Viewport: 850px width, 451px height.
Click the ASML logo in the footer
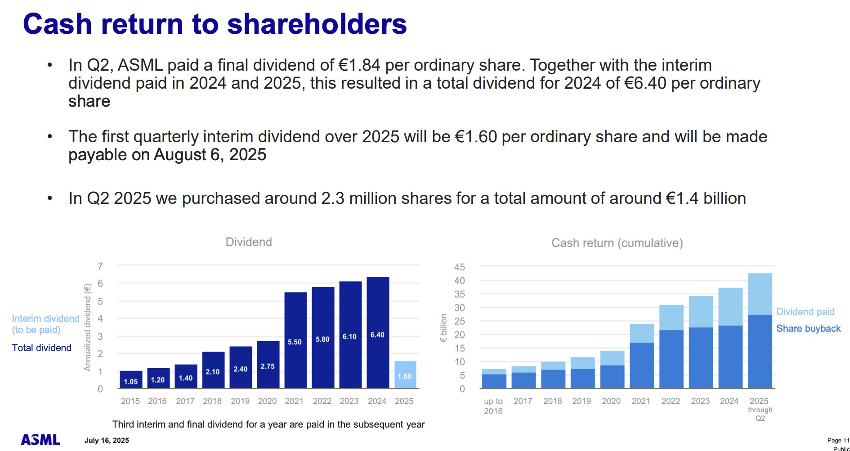pyautogui.click(x=40, y=439)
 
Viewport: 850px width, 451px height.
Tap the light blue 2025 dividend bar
pyautogui.click(x=405, y=374)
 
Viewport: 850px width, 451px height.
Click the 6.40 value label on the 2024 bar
pyautogui.click(x=377, y=335)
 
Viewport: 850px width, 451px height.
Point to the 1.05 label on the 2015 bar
pyautogui.click(x=131, y=382)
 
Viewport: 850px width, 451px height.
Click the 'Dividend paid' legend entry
pyautogui.click(x=805, y=312)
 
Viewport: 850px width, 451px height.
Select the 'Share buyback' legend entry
pyautogui.click(x=808, y=329)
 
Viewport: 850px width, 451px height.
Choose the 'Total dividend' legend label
pyautogui.click(x=42, y=348)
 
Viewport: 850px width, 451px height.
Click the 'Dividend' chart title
pyautogui.click(x=249, y=242)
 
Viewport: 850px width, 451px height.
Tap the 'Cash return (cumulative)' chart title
pyautogui.click(x=617, y=243)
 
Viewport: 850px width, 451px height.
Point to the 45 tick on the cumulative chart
pyautogui.click(x=460, y=267)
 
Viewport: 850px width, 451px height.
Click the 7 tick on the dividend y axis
pyautogui.click(x=100, y=266)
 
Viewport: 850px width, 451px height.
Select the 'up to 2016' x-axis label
pyautogui.click(x=493, y=406)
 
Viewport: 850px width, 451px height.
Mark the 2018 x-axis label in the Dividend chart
pyautogui.click(x=212, y=401)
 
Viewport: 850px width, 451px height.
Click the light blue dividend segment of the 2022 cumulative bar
pyautogui.click(x=671, y=317)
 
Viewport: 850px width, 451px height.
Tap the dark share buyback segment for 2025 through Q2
pyautogui.click(x=760, y=351)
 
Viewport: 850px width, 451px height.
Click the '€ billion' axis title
pyautogui.click(x=444, y=328)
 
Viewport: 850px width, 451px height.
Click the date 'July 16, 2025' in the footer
pyautogui.click(x=107, y=441)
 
